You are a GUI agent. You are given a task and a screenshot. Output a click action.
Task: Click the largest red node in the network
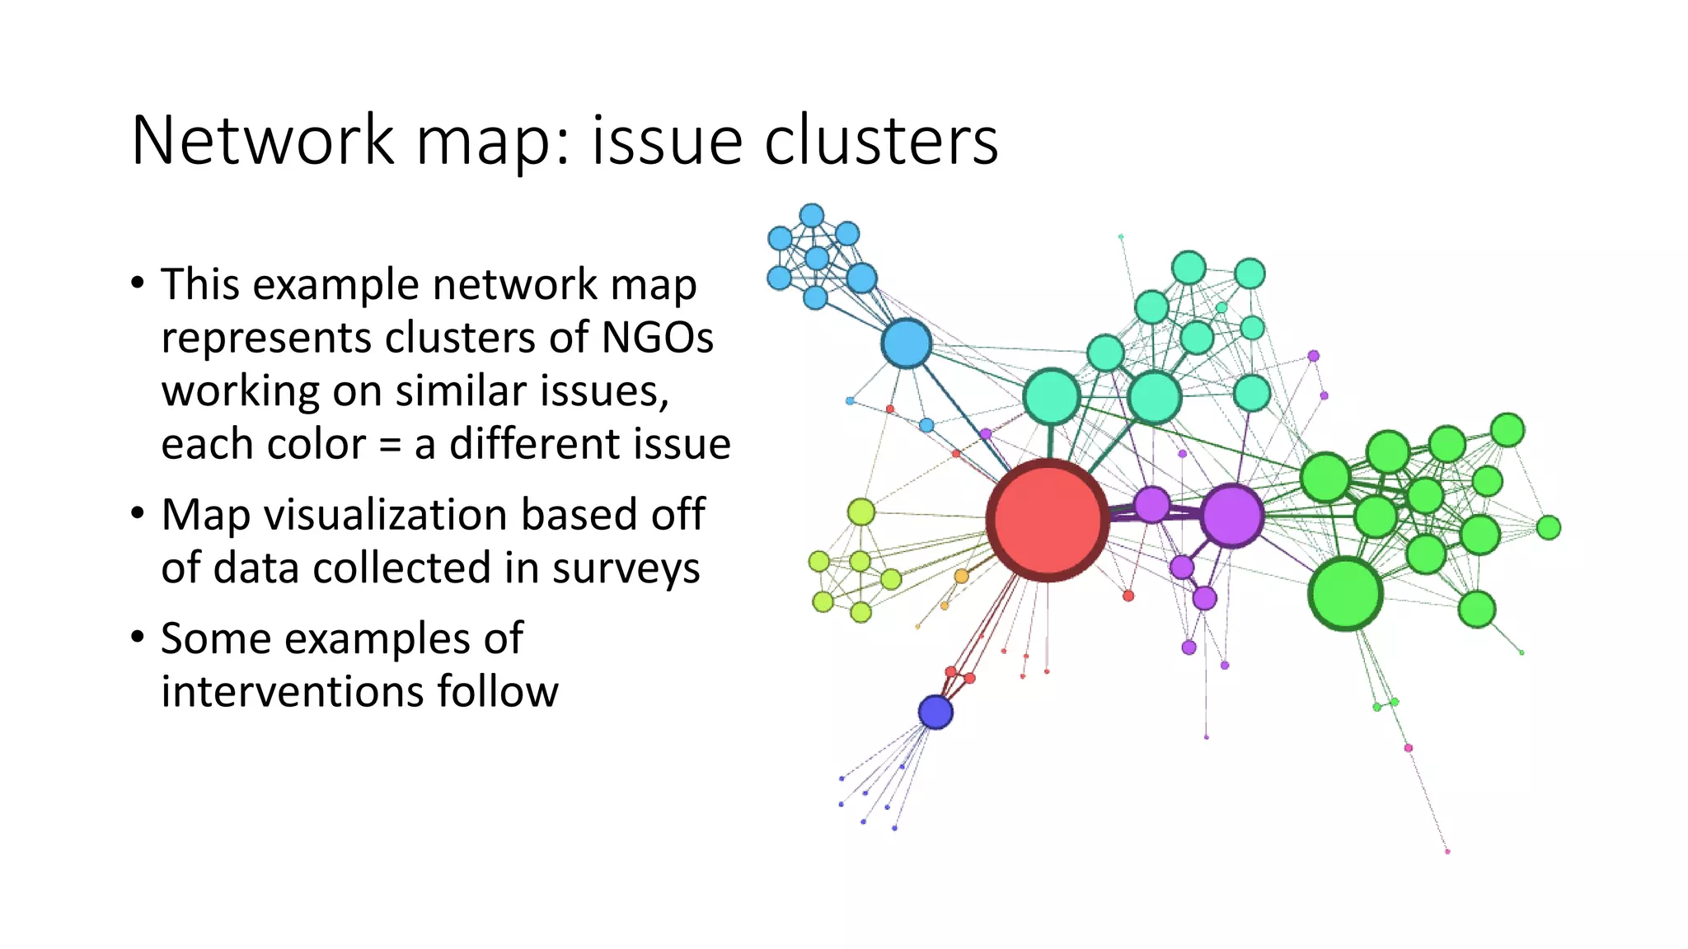[1048, 521]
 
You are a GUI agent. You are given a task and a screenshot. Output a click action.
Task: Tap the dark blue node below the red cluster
[935, 712]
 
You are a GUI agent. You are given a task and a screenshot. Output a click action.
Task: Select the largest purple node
[1232, 516]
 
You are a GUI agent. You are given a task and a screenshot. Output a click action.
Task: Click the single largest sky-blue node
[907, 344]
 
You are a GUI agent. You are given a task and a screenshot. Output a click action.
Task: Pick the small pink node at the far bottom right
[1447, 851]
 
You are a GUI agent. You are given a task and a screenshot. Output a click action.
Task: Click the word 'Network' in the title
[263, 141]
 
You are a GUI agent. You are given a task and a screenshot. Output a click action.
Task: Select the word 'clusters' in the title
[881, 141]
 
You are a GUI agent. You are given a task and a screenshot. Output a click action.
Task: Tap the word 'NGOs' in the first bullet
[658, 338]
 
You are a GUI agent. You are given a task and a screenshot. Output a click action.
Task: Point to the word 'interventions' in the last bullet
[291, 691]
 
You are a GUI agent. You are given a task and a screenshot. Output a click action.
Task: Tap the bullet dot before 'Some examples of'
[138, 637]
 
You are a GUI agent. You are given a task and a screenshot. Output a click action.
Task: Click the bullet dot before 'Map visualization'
[138, 513]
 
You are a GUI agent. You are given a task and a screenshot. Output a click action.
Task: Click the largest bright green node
[1345, 593]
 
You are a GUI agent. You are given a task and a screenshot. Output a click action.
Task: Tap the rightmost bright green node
[1549, 527]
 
